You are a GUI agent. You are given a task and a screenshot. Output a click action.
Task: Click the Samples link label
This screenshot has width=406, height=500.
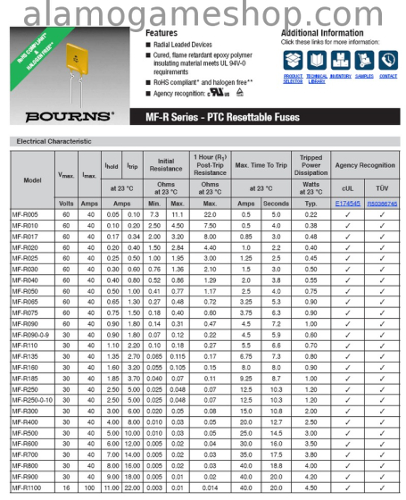364,77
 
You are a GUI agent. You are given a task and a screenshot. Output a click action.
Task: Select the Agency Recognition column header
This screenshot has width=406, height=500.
365,165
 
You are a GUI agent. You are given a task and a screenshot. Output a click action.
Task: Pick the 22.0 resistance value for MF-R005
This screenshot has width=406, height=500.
210,215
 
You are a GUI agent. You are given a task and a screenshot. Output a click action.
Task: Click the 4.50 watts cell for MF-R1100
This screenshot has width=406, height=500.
311,487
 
